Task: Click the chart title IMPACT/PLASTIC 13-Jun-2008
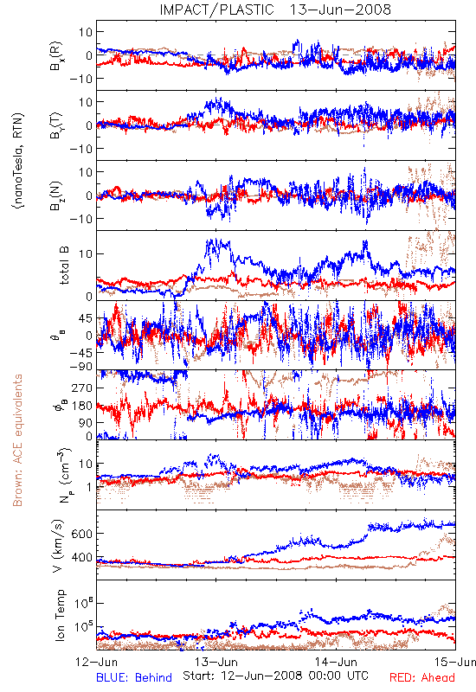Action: [x=275, y=10]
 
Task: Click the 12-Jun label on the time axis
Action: [x=97, y=662]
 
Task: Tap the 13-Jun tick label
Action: [x=216, y=662]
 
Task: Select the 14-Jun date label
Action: [x=336, y=662]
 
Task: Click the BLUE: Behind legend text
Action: [x=134, y=677]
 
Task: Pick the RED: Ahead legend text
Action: [x=422, y=677]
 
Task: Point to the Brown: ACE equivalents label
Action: [x=17, y=440]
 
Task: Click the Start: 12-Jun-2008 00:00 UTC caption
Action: [x=275, y=676]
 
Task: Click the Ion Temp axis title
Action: [x=60, y=615]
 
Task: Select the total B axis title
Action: [x=64, y=266]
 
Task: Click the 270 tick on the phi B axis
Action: [x=81, y=388]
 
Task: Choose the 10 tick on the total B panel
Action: [x=85, y=253]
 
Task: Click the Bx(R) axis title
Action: [x=57, y=56]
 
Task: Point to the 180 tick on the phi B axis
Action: [x=81, y=406]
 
